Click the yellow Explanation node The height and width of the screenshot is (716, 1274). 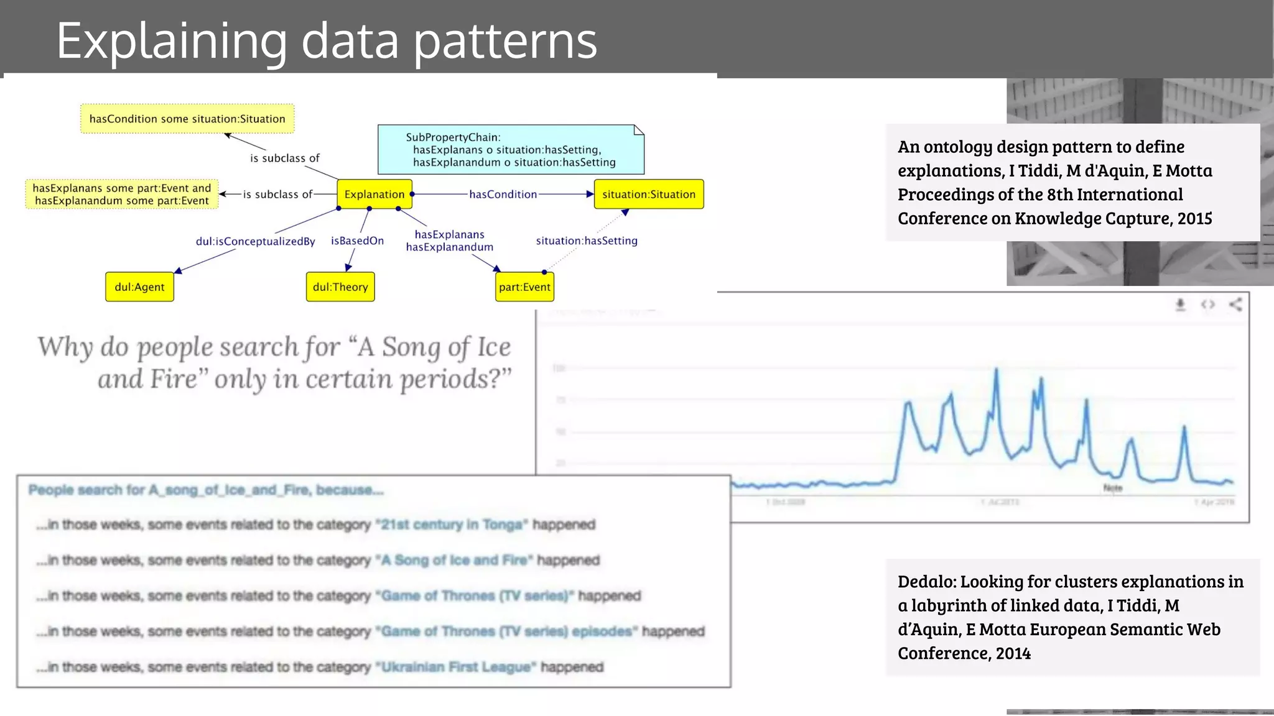pyautogui.click(x=374, y=195)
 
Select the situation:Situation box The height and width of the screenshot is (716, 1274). pyautogui.click(x=648, y=195)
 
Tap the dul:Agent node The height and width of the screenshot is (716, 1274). pyautogui.click(x=139, y=287)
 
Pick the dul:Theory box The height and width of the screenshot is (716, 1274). pyautogui.click(x=340, y=287)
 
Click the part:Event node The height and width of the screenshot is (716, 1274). pyautogui.click(x=524, y=287)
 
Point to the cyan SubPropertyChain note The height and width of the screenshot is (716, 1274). pyautogui.click(x=511, y=150)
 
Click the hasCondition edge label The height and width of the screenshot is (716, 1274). pyautogui.click(x=503, y=195)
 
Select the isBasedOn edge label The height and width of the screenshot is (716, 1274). pyautogui.click(x=357, y=241)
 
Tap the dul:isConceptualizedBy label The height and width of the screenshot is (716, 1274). pyautogui.click(x=255, y=241)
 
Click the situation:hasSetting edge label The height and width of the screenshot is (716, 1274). pyautogui.click(x=587, y=241)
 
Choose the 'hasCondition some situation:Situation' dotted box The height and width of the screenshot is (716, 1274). pyautogui.click(x=187, y=119)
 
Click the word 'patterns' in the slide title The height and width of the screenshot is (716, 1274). pyautogui.click(x=505, y=41)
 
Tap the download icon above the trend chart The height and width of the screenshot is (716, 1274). pyautogui.click(x=1180, y=305)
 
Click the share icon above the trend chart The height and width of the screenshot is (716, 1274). pyautogui.click(x=1235, y=305)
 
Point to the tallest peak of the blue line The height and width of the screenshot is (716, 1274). pyautogui.click(x=997, y=370)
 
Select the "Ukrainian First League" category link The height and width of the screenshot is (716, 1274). pyautogui.click(x=456, y=667)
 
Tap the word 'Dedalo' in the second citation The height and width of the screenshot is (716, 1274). pyautogui.click(x=926, y=582)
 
